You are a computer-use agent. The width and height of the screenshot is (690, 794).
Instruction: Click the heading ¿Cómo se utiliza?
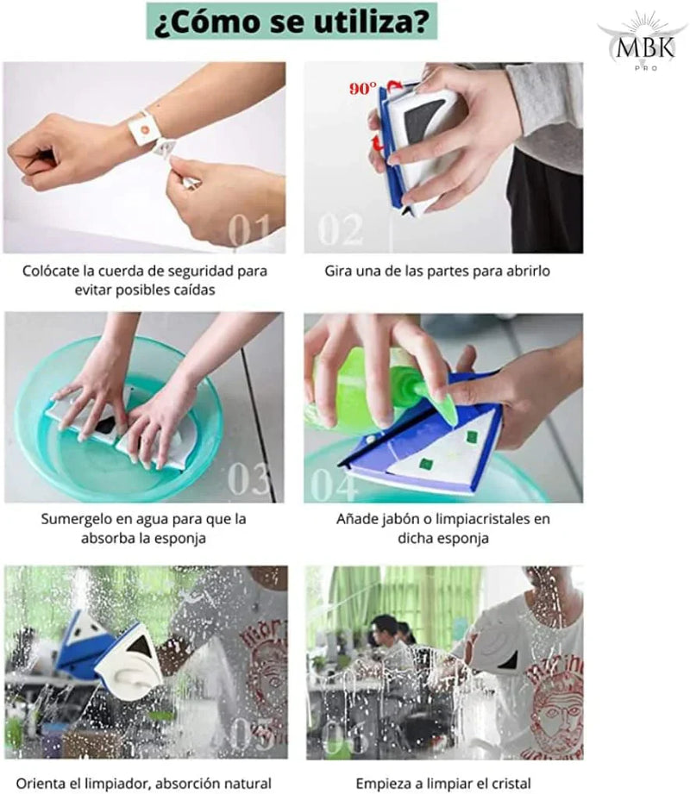pos(292,22)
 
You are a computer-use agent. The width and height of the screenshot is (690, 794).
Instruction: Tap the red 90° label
pos(363,89)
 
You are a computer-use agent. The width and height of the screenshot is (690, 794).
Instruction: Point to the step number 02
pos(341,230)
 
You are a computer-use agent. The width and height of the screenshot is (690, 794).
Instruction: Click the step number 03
pos(248,478)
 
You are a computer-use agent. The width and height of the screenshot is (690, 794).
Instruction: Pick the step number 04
pos(333,485)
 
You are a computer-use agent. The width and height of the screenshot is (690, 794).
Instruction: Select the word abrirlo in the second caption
pos(529,271)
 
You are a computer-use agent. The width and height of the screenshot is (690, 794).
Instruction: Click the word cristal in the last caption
pos(510,784)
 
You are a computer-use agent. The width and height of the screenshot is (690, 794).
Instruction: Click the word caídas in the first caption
pos(195,291)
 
